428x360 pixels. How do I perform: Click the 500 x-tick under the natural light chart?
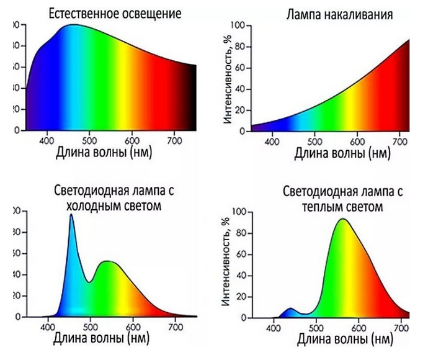90,139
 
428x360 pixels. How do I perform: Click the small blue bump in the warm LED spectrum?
290,310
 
